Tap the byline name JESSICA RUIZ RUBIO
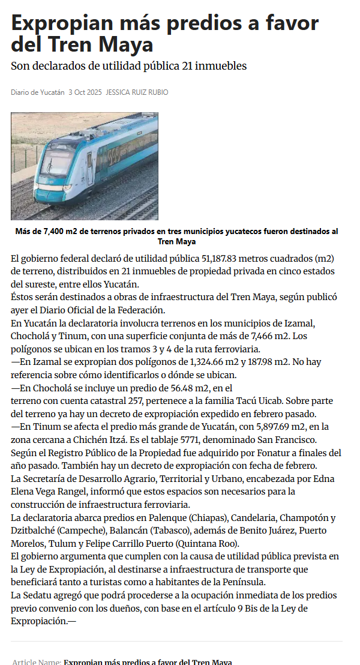(137, 92)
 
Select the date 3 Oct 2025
(85, 92)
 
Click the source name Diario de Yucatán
(37, 92)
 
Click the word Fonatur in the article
(248, 453)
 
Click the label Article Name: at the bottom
(37, 662)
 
